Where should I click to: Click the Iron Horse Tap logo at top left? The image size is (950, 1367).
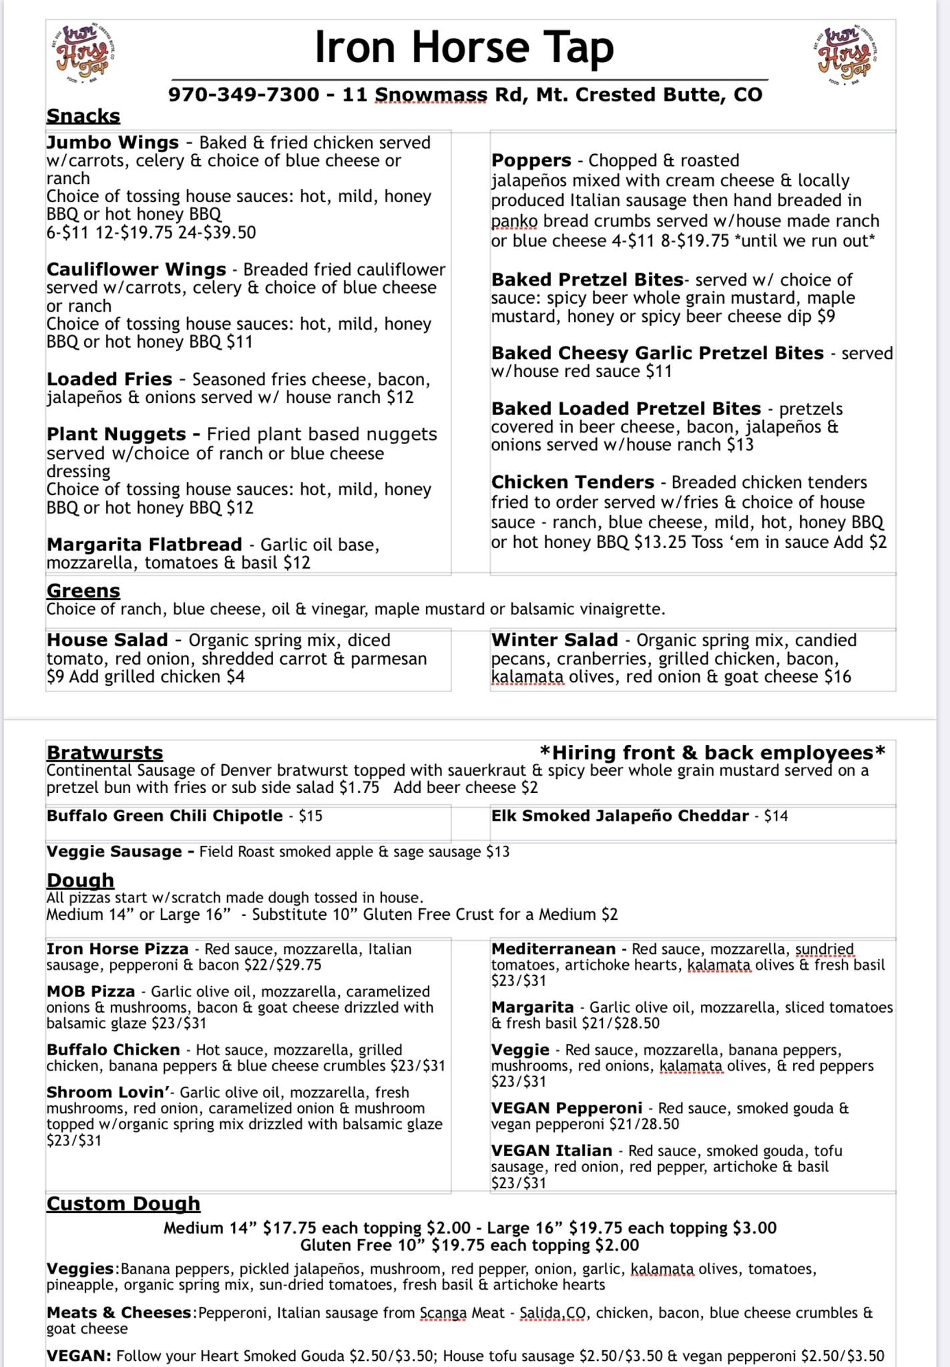(83, 56)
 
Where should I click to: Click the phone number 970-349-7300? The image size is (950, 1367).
(244, 95)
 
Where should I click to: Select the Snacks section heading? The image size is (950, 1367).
(83, 116)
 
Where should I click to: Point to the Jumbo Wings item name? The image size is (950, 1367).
(113, 143)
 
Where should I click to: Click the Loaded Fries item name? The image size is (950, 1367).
(109, 379)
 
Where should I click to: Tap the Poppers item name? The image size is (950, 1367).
(531, 161)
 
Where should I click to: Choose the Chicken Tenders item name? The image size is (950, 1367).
(573, 482)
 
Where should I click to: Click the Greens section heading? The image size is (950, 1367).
(83, 591)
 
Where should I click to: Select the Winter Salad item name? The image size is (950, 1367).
(555, 640)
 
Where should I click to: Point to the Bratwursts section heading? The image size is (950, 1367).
(105, 752)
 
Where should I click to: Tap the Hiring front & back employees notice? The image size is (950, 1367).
(712, 752)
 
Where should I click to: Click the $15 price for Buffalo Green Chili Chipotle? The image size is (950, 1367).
(310, 816)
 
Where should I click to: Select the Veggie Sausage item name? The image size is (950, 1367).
(114, 852)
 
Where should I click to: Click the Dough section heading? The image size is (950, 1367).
(80, 880)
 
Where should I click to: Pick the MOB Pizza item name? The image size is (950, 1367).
(91, 992)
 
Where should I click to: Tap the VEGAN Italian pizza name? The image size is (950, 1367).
(551, 1151)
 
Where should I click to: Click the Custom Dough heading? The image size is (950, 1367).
(124, 1203)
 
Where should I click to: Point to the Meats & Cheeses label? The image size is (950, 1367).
(119, 1313)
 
